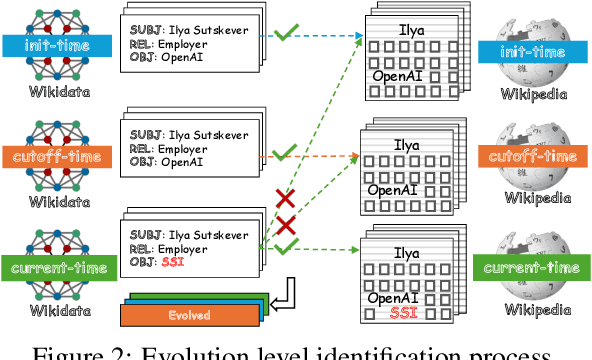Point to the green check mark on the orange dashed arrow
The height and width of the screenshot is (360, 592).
click(286, 153)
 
